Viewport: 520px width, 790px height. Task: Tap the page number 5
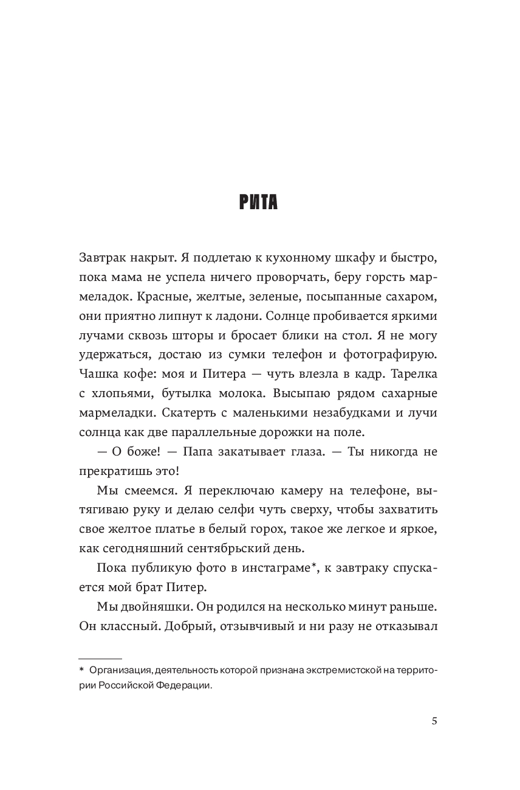coord(434,721)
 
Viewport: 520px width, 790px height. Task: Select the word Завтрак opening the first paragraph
coord(101,258)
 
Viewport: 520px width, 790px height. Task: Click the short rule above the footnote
coord(100,658)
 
